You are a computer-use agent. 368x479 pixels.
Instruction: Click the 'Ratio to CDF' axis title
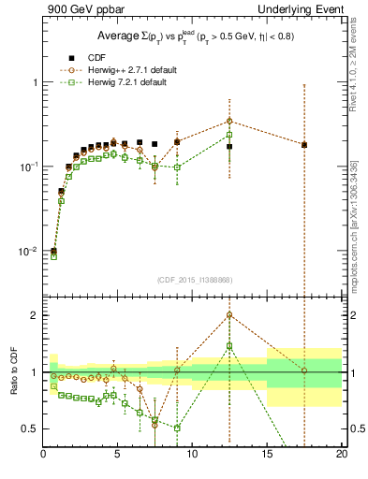12,371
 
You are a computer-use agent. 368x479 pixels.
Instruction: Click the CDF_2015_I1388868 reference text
193,280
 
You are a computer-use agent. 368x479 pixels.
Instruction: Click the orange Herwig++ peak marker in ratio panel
229,314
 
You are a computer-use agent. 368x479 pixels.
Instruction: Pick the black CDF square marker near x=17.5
303,145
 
